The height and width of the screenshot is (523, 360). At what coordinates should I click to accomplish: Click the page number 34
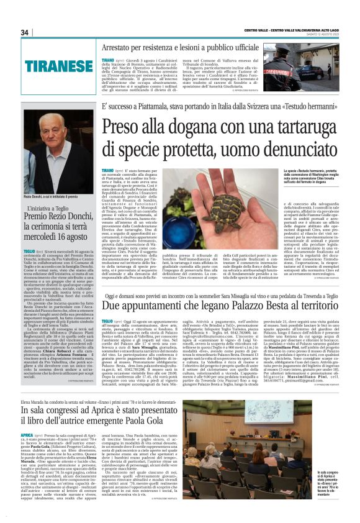(x=25, y=32)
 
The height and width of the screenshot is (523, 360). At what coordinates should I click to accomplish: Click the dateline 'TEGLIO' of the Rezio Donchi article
(x=27, y=251)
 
